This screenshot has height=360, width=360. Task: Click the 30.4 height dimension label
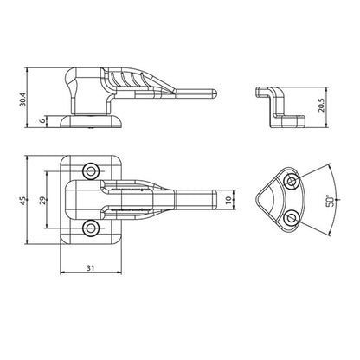22,100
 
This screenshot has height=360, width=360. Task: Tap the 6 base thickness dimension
43,121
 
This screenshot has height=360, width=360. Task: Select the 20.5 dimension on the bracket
322,106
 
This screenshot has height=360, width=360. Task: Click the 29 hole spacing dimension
42,200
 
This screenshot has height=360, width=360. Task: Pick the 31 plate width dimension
91,268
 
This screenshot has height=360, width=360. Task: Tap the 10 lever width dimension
228,199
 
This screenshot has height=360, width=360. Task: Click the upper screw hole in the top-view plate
91,171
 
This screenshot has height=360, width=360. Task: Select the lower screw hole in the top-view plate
91,228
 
